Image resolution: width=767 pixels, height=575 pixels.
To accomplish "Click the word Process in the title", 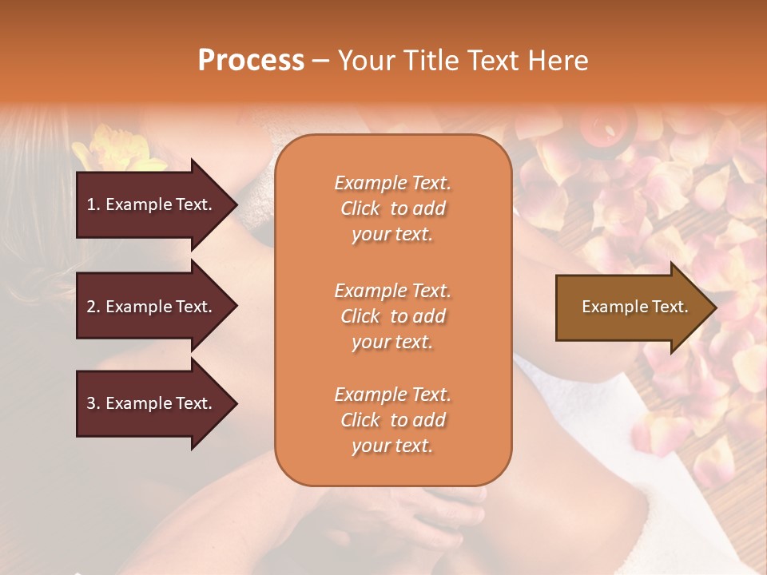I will click(251, 61).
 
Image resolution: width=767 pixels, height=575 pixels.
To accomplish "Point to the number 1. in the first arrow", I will click(93, 204).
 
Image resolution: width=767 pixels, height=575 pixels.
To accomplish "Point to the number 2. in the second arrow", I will click(93, 307).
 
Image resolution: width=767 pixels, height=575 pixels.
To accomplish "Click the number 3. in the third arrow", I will click(93, 403).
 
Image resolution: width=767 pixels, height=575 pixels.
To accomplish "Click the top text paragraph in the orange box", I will click(392, 208).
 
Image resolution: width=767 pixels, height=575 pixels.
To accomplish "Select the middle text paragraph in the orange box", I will click(392, 316).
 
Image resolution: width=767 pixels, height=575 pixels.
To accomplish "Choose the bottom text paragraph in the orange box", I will click(392, 420).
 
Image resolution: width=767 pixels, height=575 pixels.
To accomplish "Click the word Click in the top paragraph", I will click(360, 208).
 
